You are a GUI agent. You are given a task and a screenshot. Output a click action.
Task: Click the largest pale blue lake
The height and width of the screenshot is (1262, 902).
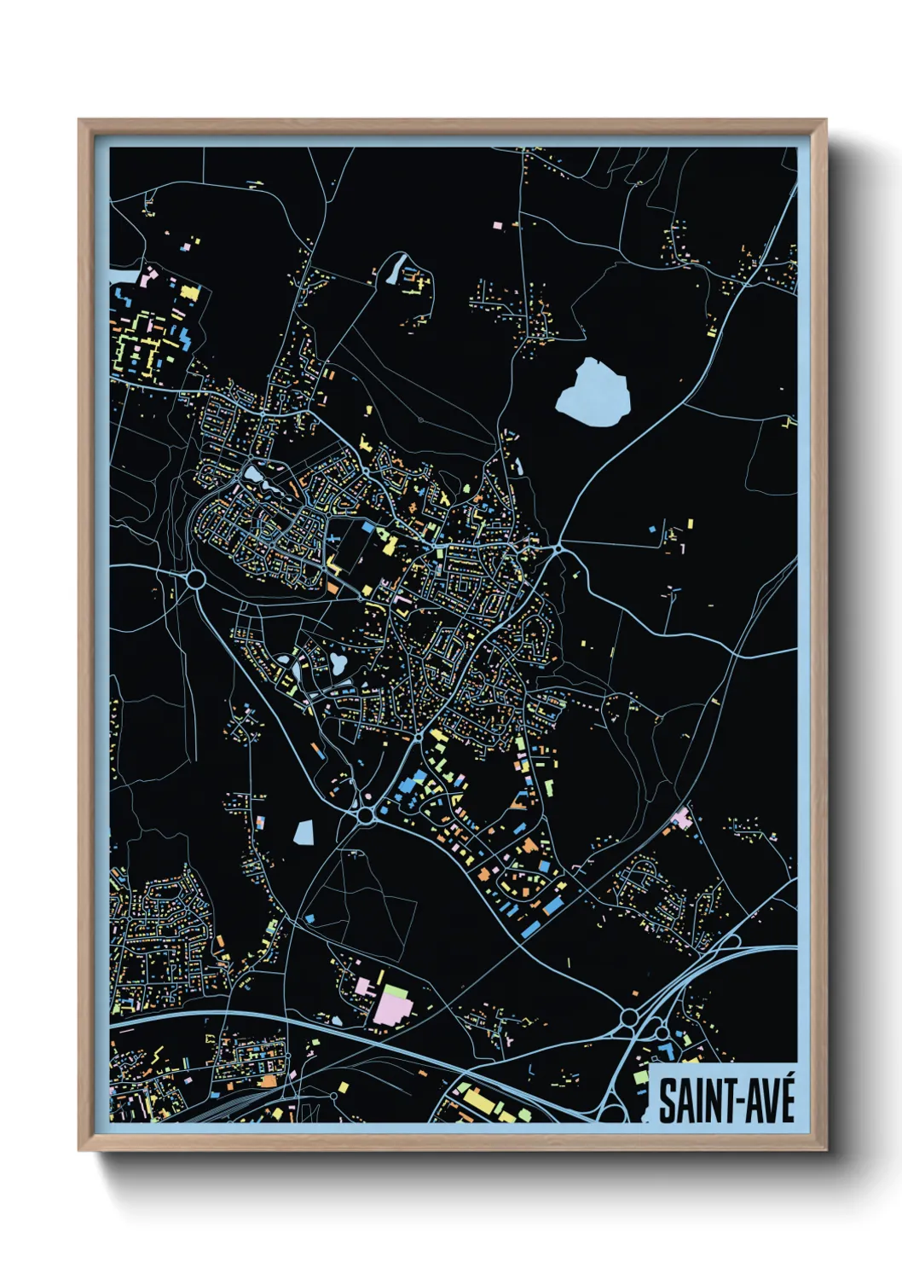click(593, 394)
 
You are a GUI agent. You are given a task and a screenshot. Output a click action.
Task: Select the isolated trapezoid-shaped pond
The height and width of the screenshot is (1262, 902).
click(304, 831)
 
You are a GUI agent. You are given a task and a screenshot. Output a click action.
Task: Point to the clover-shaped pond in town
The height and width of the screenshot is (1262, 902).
click(339, 662)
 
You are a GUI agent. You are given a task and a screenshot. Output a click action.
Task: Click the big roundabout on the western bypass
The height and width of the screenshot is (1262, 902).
click(195, 580)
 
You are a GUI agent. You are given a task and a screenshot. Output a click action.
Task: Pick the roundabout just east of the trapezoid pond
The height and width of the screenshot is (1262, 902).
click(367, 815)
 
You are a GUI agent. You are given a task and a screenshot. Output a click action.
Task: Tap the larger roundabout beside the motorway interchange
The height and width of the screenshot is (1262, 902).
click(630, 1016)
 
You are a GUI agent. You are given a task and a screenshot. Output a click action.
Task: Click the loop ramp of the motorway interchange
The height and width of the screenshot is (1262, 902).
click(726, 942)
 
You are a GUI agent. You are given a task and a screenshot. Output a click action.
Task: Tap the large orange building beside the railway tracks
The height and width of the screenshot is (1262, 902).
click(269, 1081)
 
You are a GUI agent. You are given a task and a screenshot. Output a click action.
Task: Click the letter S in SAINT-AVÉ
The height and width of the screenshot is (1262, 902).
click(667, 1102)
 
